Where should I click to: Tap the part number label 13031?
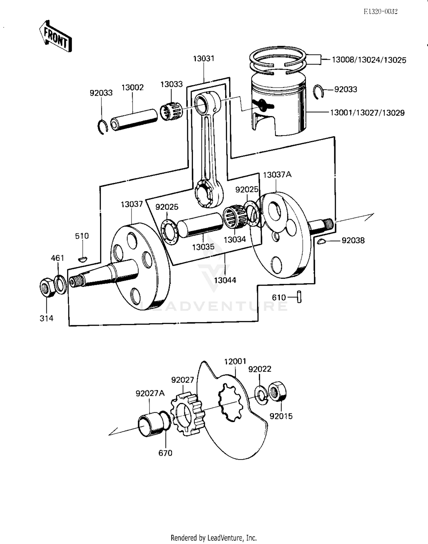click(x=203, y=59)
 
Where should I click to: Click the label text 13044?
click(x=225, y=280)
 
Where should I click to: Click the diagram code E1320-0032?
click(x=381, y=11)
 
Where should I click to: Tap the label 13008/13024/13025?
click(x=369, y=60)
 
